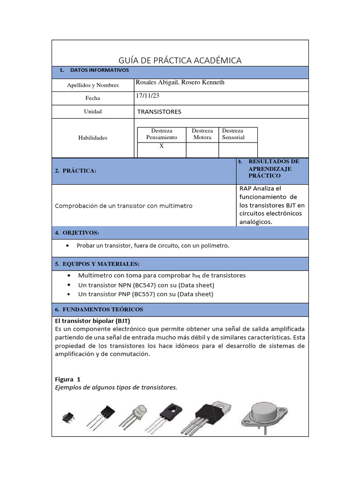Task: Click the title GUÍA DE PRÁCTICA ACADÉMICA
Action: (x=180, y=60)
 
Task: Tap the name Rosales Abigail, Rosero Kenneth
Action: (x=180, y=82)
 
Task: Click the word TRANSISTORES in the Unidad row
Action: (x=159, y=112)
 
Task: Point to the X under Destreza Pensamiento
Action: (x=161, y=146)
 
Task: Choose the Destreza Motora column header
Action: (x=202, y=134)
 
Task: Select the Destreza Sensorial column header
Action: (x=233, y=134)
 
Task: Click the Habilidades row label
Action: (x=92, y=138)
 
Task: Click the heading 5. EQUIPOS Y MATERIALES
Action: (x=97, y=264)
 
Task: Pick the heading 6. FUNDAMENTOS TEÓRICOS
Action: (x=99, y=310)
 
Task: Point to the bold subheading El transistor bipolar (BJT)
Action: (x=92, y=322)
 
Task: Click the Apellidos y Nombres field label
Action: (x=93, y=85)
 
